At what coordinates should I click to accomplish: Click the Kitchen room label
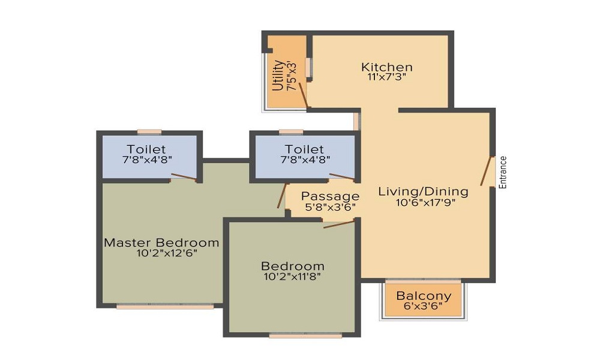point(386,67)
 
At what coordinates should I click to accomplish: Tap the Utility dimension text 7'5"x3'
point(292,75)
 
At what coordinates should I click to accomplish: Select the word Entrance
point(503,173)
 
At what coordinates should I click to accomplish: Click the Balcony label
point(424,296)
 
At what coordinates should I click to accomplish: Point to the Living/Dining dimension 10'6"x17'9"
point(425,202)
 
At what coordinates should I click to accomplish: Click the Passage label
point(330,196)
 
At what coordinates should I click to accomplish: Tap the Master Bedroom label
point(161,242)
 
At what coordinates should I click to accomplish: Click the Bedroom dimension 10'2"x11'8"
point(292,277)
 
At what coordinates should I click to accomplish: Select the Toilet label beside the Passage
point(304,149)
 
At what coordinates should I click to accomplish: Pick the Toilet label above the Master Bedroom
point(146,149)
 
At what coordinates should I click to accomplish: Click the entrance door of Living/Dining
point(487,172)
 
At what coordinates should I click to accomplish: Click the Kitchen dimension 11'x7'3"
point(386,77)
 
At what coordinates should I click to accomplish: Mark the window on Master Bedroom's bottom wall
point(164,307)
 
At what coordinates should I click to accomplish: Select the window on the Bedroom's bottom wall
point(305,335)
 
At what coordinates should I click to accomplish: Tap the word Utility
point(278,75)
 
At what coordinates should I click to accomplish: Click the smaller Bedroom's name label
point(292,266)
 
